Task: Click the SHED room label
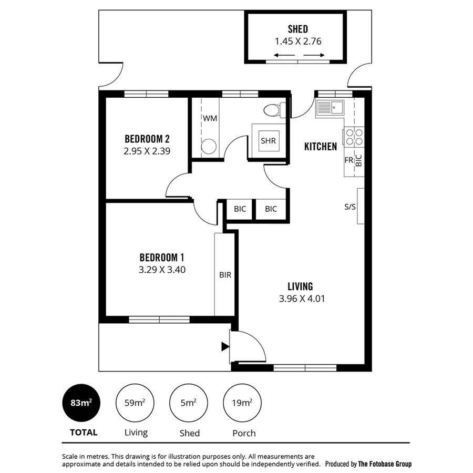click(x=297, y=29)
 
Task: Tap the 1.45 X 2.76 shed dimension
click(x=297, y=40)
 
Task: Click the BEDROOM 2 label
click(x=147, y=139)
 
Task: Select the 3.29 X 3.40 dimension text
click(x=162, y=270)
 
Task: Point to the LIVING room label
click(x=300, y=286)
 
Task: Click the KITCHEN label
click(x=321, y=147)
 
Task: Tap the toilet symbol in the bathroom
click(x=274, y=110)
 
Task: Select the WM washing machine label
click(x=210, y=118)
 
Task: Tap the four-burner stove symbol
click(x=354, y=137)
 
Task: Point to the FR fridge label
click(x=348, y=160)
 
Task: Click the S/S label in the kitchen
click(x=350, y=207)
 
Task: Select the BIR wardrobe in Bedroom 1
click(x=225, y=274)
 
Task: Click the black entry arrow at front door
click(x=225, y=346)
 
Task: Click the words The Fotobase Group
click(x=385, y=464)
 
